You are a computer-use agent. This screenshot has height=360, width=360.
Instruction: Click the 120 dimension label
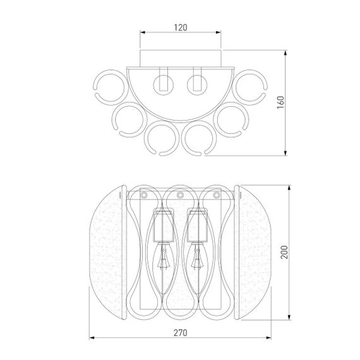[181, 28]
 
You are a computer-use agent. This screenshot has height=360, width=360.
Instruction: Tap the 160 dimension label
[280, 102]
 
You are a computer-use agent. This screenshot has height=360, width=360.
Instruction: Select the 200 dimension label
[284, 252]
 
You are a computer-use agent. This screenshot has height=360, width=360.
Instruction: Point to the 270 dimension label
[180, 333]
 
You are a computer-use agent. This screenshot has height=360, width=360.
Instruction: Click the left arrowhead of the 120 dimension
[143, 32]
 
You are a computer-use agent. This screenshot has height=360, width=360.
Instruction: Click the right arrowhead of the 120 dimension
[219, 32]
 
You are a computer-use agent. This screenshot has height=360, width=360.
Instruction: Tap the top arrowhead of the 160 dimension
[285, 53]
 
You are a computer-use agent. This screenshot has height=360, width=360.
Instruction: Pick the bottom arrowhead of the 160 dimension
[285, 153]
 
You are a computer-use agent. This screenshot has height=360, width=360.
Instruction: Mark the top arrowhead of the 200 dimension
[289, 188]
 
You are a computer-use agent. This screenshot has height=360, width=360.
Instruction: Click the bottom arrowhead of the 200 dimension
[289, 317]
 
